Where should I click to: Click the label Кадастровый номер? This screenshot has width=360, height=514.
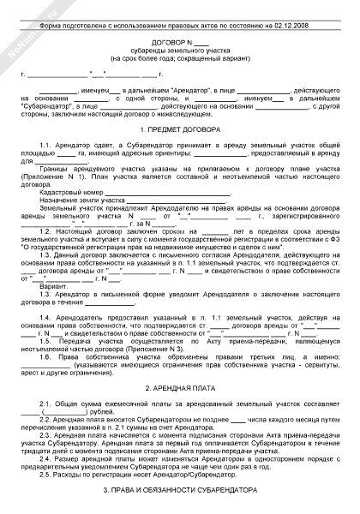69,194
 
